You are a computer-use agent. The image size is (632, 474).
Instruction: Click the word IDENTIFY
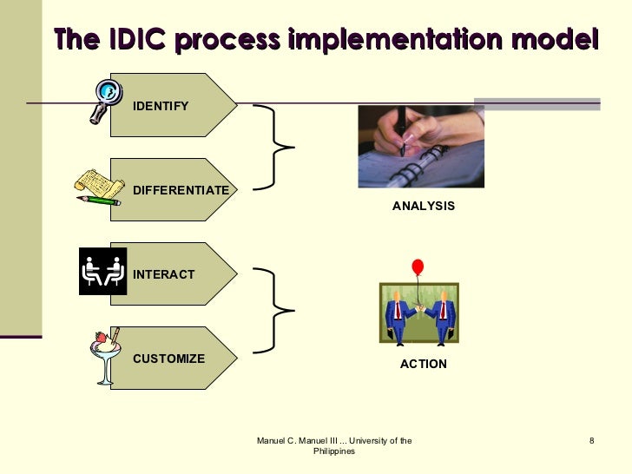click(x=160, y=106)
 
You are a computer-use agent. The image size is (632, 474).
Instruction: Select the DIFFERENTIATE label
click(x=181, y=190)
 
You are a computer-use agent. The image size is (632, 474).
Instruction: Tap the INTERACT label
click(x=163, y=274)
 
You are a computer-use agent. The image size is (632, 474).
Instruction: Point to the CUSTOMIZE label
click(x=168, y=359)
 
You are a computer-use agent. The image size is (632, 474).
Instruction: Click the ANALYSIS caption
click(x=423, y=207)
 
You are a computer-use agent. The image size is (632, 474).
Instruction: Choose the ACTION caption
click(x=423, y=364)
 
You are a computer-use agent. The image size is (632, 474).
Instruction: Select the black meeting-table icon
click(x=102, y=271)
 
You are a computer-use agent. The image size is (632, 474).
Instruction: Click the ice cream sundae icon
click(x=105, y=354)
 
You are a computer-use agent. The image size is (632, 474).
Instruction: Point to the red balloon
click(x=418, y=267)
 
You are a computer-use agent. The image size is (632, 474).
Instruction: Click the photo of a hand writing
click(x=420, y=146)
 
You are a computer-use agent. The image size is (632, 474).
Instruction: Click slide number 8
click(x=591, y=442)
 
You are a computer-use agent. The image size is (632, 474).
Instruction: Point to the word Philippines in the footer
click(x=333, y=452)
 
